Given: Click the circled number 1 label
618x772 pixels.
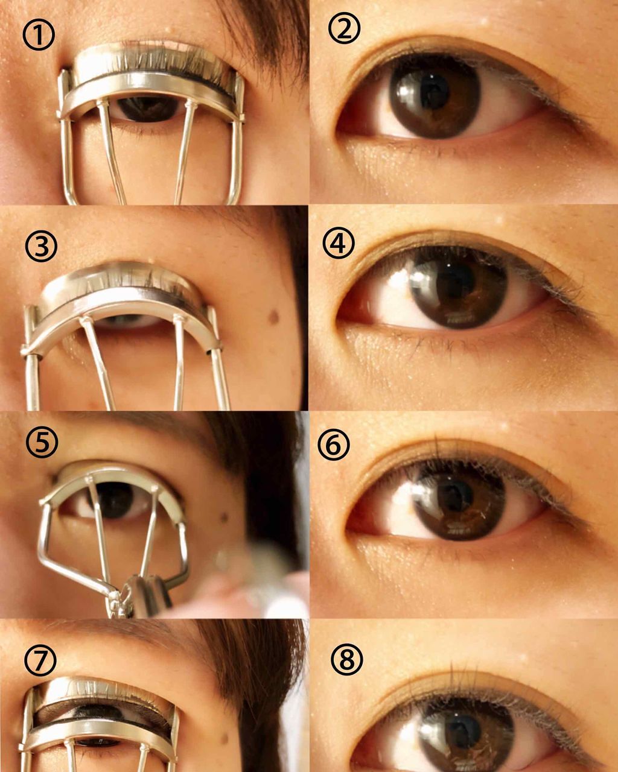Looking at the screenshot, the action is point(39,34).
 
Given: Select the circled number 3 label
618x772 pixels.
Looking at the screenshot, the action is point(41,247).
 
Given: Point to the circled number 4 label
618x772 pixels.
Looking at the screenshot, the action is point(339,243).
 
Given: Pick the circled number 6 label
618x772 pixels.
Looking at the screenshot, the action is point(334,445).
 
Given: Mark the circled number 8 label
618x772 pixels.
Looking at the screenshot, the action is point(346,659).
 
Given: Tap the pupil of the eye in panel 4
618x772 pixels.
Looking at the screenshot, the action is point(455,279).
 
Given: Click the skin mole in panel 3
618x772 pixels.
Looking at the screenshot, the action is point(274,317).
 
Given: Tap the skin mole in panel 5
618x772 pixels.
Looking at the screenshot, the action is point(224,517).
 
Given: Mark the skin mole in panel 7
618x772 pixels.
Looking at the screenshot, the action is point(224,738).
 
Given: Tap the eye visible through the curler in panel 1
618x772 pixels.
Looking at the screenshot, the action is point(147,109).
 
